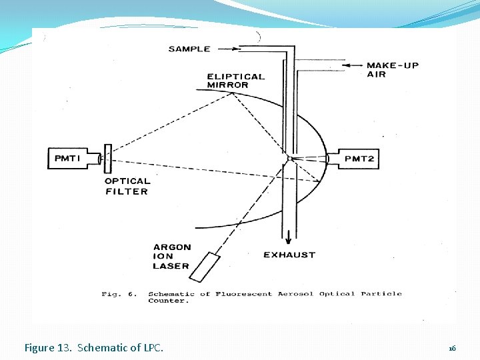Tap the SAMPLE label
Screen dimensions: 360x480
(189, 49)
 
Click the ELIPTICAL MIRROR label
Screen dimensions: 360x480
(235, 81)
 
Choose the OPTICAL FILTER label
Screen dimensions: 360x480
(127, 186)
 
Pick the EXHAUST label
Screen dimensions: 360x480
(289, 255)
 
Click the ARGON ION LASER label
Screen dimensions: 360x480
(171, 257)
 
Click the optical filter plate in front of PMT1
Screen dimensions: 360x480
(107, 158)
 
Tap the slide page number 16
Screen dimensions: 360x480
(452, 348)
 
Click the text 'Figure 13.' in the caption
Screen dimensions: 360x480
(48, 347)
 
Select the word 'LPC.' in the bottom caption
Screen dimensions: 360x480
(153, 347)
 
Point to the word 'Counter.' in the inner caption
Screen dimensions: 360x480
(168, 301)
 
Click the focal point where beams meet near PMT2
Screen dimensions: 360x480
(288, 159)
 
